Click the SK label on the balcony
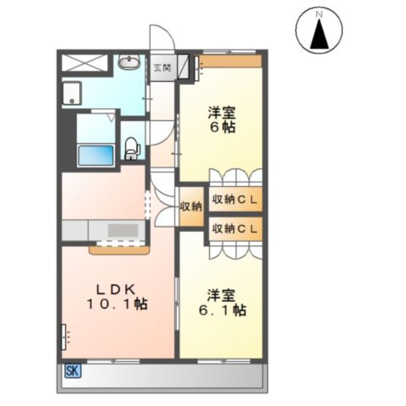click(73, 371)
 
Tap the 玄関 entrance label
click(162, 68)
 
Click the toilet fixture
click(132, 148)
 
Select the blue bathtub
click(96, 155)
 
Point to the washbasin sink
click(129, 61)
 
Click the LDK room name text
click(116, 289)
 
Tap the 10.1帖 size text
click(117, 303)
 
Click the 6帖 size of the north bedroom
click(222, 127)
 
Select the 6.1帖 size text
click(222, 310)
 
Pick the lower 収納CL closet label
click(235, 229)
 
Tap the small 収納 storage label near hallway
click(191, 207)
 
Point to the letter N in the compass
click(319, 15)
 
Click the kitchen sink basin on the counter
click(123, 230)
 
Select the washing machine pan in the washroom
click(72, 93)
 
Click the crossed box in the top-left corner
click(84, 62)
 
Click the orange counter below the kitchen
click(119, 251)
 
